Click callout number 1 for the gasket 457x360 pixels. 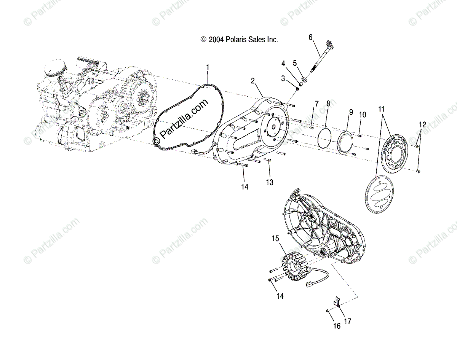click(208, 67)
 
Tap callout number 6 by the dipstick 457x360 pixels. click(310, 37)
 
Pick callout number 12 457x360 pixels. click(422, 124)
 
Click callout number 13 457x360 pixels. click(270, 182)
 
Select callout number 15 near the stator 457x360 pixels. click(275, 239)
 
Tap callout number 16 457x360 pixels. click(336, 326)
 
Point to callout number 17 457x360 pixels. click(347, 321)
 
